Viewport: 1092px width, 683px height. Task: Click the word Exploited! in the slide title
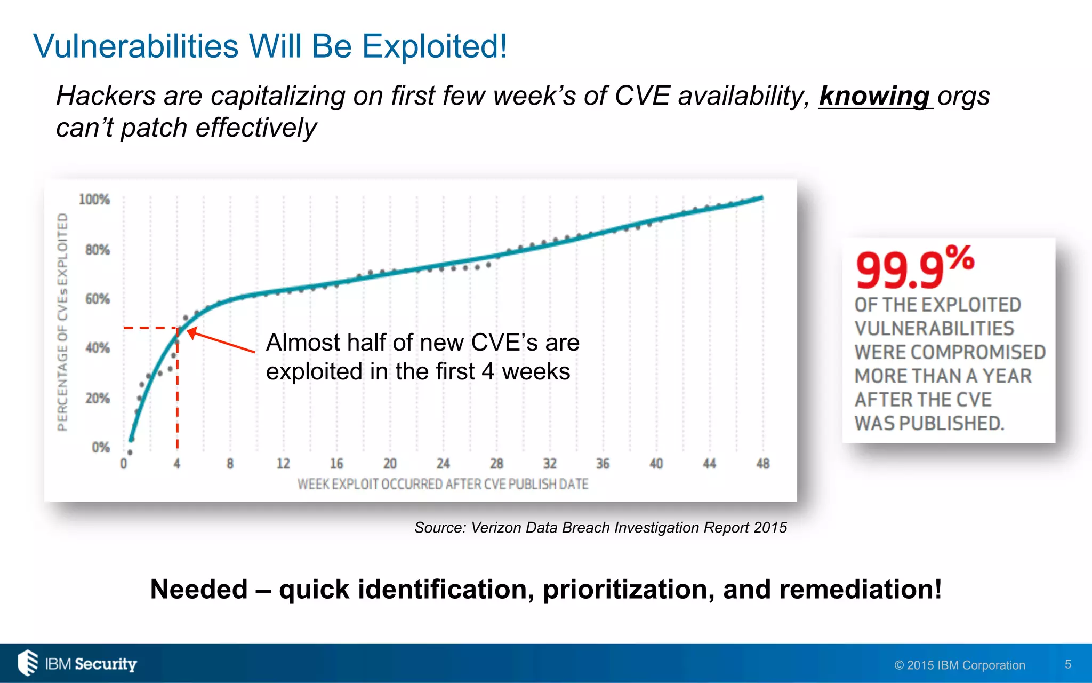click(x=435, y=47)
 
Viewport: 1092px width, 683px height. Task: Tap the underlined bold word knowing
click(x=874, y=97)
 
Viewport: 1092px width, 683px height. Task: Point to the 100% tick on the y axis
click(x=94, y=200)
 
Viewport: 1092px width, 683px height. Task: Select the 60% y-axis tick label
click(x=98, y=299)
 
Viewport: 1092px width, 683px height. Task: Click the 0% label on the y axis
click(x=101, y=447)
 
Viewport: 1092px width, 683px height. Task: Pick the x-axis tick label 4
click(x=177, y=464)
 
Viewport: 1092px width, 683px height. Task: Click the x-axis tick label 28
click(x=496, y=464)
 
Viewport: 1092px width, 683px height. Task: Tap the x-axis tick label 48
click(x=762, y=464)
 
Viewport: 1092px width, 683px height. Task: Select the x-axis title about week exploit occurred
click(x=443, y=485)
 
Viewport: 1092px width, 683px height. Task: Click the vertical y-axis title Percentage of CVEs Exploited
click(x=63, y=322)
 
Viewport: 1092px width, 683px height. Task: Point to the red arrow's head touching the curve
click(x=190, y=332)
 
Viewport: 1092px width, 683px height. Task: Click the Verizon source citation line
click(x=600, y=528)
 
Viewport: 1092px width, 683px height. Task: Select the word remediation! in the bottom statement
click(x=858, y=590)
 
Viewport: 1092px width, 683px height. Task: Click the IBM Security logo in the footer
click(x=77, y=663)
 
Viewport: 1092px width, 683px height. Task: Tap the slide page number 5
click(x=1068, y=664)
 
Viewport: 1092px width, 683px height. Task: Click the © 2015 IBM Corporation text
click(x=960, y=665)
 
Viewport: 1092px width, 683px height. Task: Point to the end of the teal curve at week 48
click(x=761, y=198)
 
